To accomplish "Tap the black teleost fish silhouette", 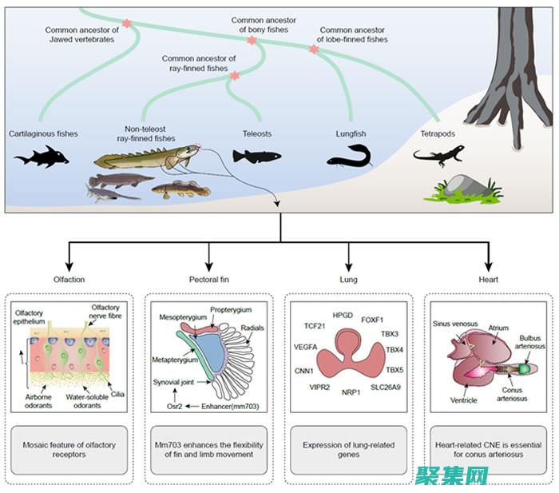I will click(x=256, y=156).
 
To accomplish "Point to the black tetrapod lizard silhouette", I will click(x=438, y=156).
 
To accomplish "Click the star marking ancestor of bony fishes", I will click(x=252, y=39).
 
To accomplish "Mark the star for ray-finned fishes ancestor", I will click(x=235, y=76).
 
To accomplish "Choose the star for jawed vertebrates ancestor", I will click(x=125, y=24).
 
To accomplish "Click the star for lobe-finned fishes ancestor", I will click(x=313, y=50).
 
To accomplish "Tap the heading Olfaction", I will click(x=69, y=280).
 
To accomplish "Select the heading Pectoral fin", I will click(x=209, y=280).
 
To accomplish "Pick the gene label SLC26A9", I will click(x=387, y=388).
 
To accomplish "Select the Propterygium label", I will click(x=231, y=309).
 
